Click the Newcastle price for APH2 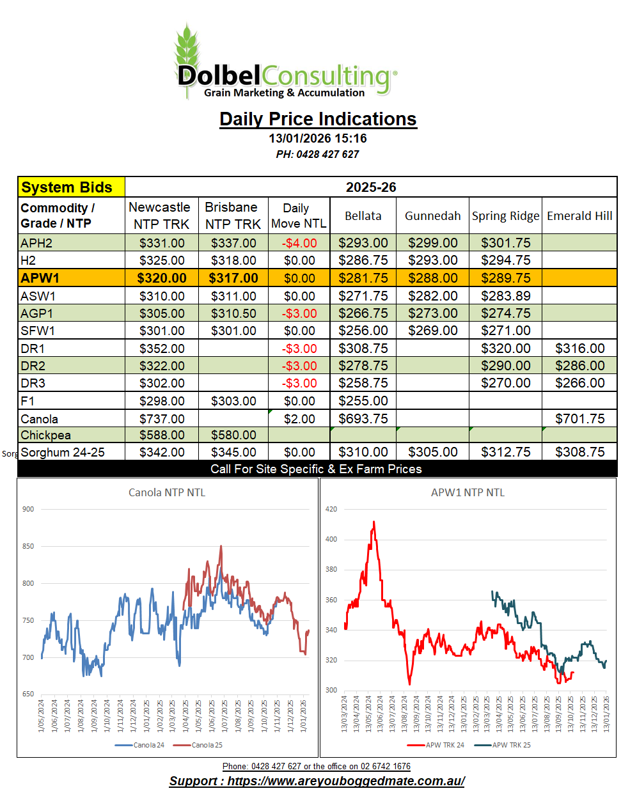click(162, 243)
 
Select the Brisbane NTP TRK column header click(233, 215)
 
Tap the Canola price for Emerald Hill click(579, 419)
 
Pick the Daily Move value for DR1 click(299, 349)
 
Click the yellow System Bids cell click(71, 187)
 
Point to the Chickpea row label click(45, 435)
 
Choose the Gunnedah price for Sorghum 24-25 click(432, 452)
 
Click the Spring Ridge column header click(505, 215)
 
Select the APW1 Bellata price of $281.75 click(363, 278)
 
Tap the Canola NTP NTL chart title click(167, 492)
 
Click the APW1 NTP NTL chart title click(468, 492)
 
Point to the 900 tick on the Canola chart click(28, 509)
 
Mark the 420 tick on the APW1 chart click(331, 509)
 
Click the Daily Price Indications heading click(318, 119)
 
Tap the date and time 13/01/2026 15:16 click(318, 138)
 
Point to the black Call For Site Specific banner click(317, 469)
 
